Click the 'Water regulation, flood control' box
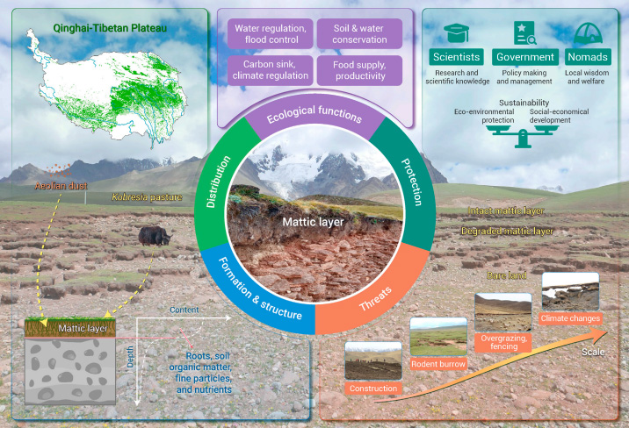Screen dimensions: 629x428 [x=271, y=34]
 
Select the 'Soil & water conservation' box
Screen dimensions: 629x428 [x=359, y=34]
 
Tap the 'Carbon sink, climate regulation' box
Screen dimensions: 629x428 [x=271, y=70]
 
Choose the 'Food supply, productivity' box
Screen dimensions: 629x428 [x=359, y=70]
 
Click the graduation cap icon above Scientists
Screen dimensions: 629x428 [x=456, y=32]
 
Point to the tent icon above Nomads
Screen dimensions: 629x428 [x=588, y=32]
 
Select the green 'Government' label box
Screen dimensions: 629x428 [x=525, y=57]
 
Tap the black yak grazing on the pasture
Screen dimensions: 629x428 [x=155, y=236]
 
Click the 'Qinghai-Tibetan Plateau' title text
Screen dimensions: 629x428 [x=110, y=28]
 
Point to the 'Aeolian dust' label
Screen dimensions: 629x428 [x=61, y=186]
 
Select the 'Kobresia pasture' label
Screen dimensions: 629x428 [x=147, y=197]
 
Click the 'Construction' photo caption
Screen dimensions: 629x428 [x=373, y=389]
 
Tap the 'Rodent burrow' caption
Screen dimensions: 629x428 [x=438, y=364]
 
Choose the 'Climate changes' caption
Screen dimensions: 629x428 [x=570, y=318]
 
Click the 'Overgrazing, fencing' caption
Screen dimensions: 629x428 [x=503, y=342]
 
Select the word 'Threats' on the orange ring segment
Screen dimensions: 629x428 [x=375, y=299]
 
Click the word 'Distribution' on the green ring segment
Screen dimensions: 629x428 [x=218, y=182]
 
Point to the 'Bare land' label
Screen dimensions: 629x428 [x=506, y=275]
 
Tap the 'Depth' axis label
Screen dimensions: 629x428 [x=130, y=357]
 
